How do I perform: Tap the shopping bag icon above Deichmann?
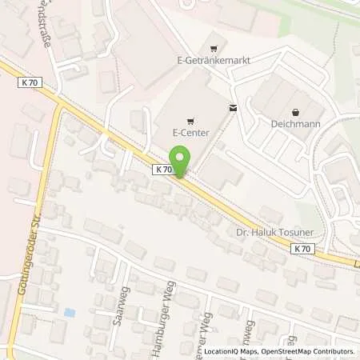[297, 112]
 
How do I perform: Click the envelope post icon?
[232, 107]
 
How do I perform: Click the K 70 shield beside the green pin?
[162, 169]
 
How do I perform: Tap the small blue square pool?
[70, 311]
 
